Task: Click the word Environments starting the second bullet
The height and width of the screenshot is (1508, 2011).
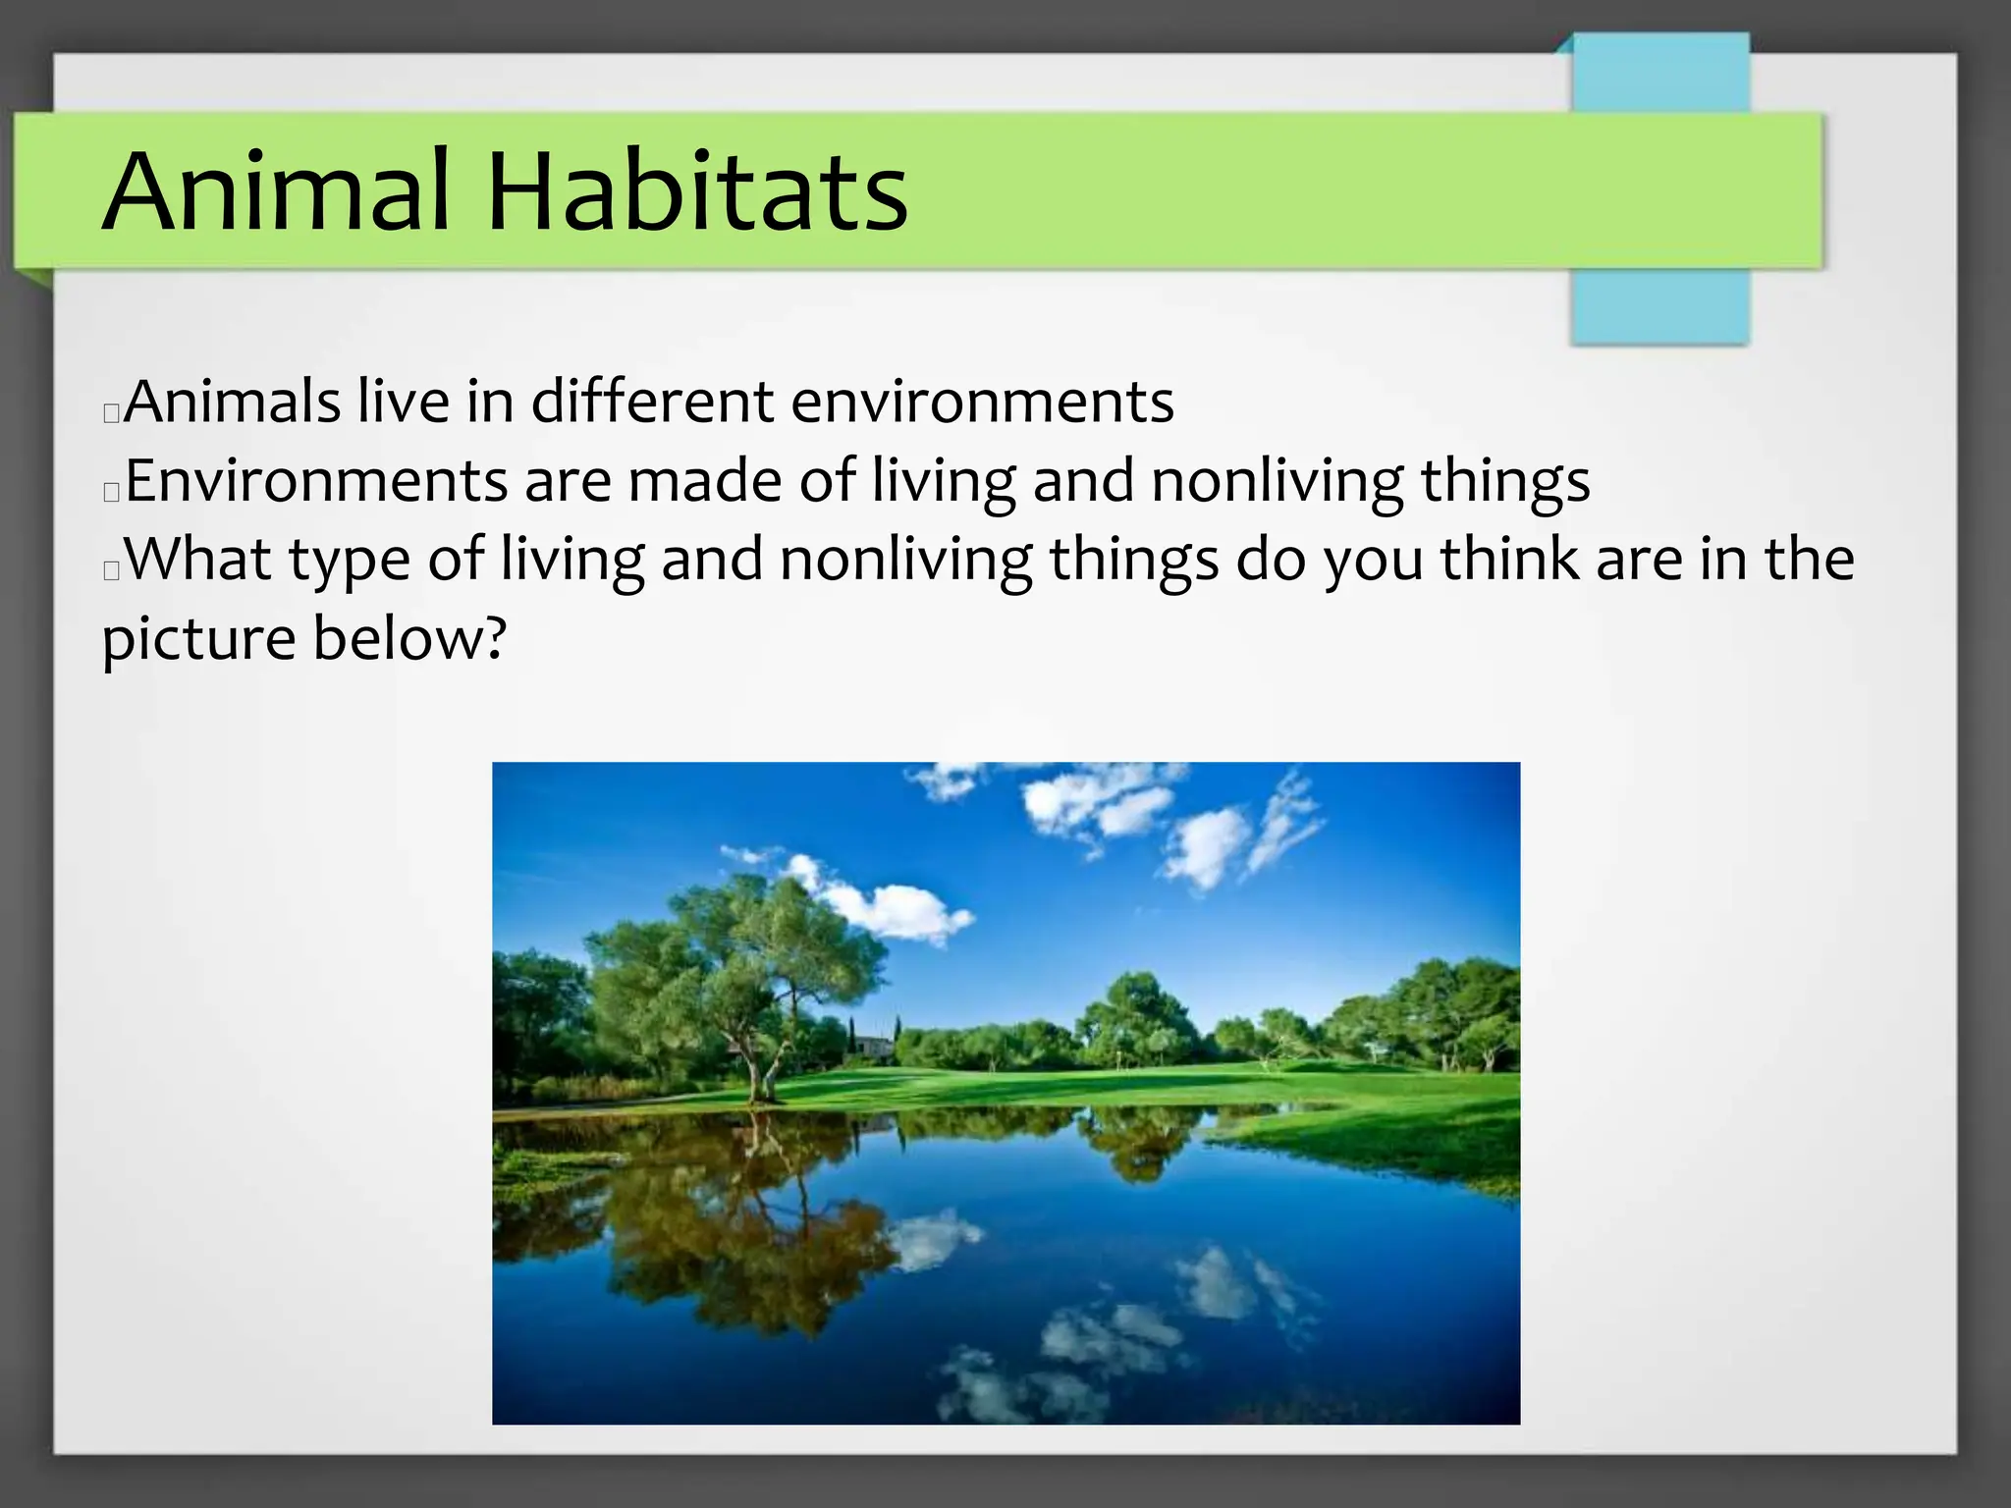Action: [316, 481]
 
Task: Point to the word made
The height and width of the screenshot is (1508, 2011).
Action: [705, 481]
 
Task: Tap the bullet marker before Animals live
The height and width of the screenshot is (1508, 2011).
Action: [111, 412]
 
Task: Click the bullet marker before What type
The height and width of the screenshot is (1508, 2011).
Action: [111, 569]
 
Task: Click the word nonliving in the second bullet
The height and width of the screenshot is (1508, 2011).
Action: [1277, 481]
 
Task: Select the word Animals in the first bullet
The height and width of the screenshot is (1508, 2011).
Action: [232, 402]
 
